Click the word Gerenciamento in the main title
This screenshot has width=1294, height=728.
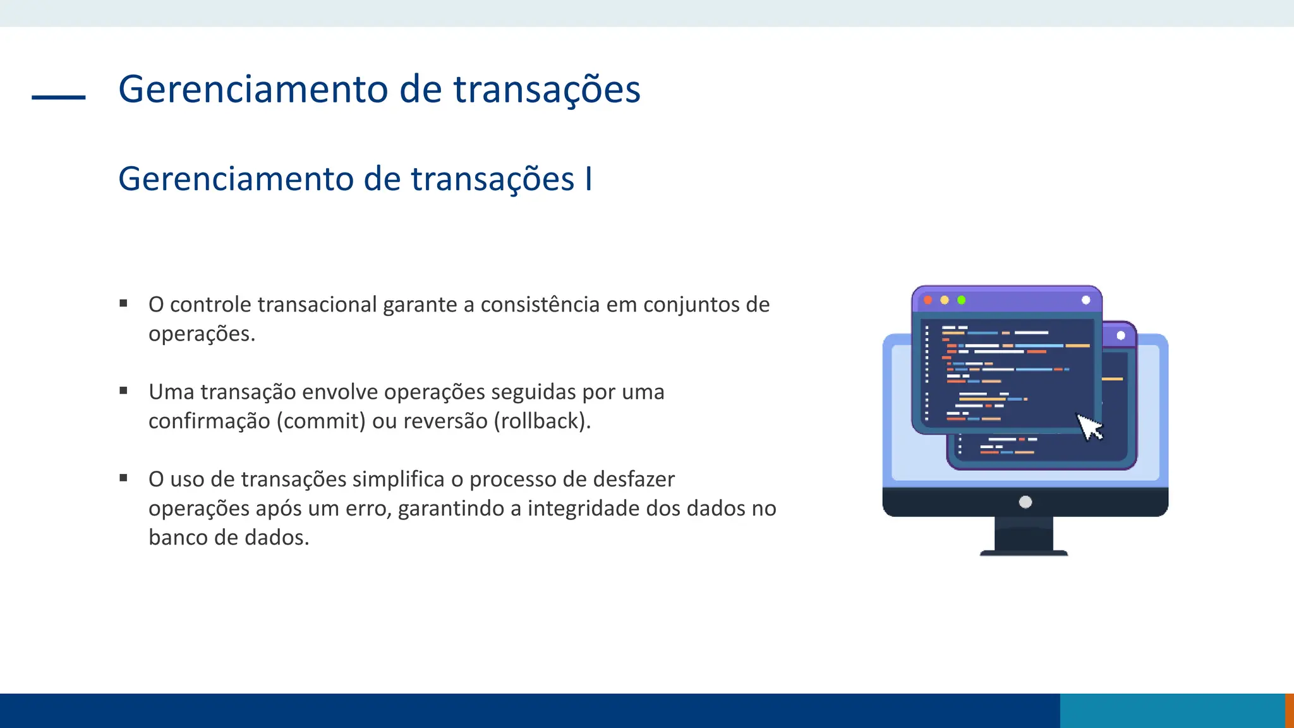click(253, 89)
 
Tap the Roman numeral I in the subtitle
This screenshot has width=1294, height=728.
click(588, 179)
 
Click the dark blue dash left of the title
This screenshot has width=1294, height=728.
click(58, 97)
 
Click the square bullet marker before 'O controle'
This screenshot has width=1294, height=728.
click(124, 304)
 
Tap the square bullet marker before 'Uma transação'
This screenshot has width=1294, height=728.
click(124, 391)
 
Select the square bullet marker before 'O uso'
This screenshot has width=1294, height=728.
click(124, 478)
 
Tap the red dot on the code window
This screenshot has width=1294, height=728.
click(928, 300)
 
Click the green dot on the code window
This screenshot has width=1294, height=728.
click(961, 300)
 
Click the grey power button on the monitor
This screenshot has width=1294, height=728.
click(1025, 502)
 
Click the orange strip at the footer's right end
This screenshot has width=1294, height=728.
click(1290, 710)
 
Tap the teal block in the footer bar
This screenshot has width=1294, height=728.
click(1172, 710)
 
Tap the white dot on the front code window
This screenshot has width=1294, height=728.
click(1085, 300)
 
